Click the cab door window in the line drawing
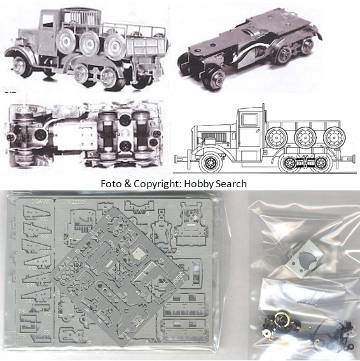point(249,120)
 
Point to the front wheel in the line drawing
point(211,163)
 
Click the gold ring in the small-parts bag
point(282,321)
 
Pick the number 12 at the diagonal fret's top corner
point(108,218)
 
